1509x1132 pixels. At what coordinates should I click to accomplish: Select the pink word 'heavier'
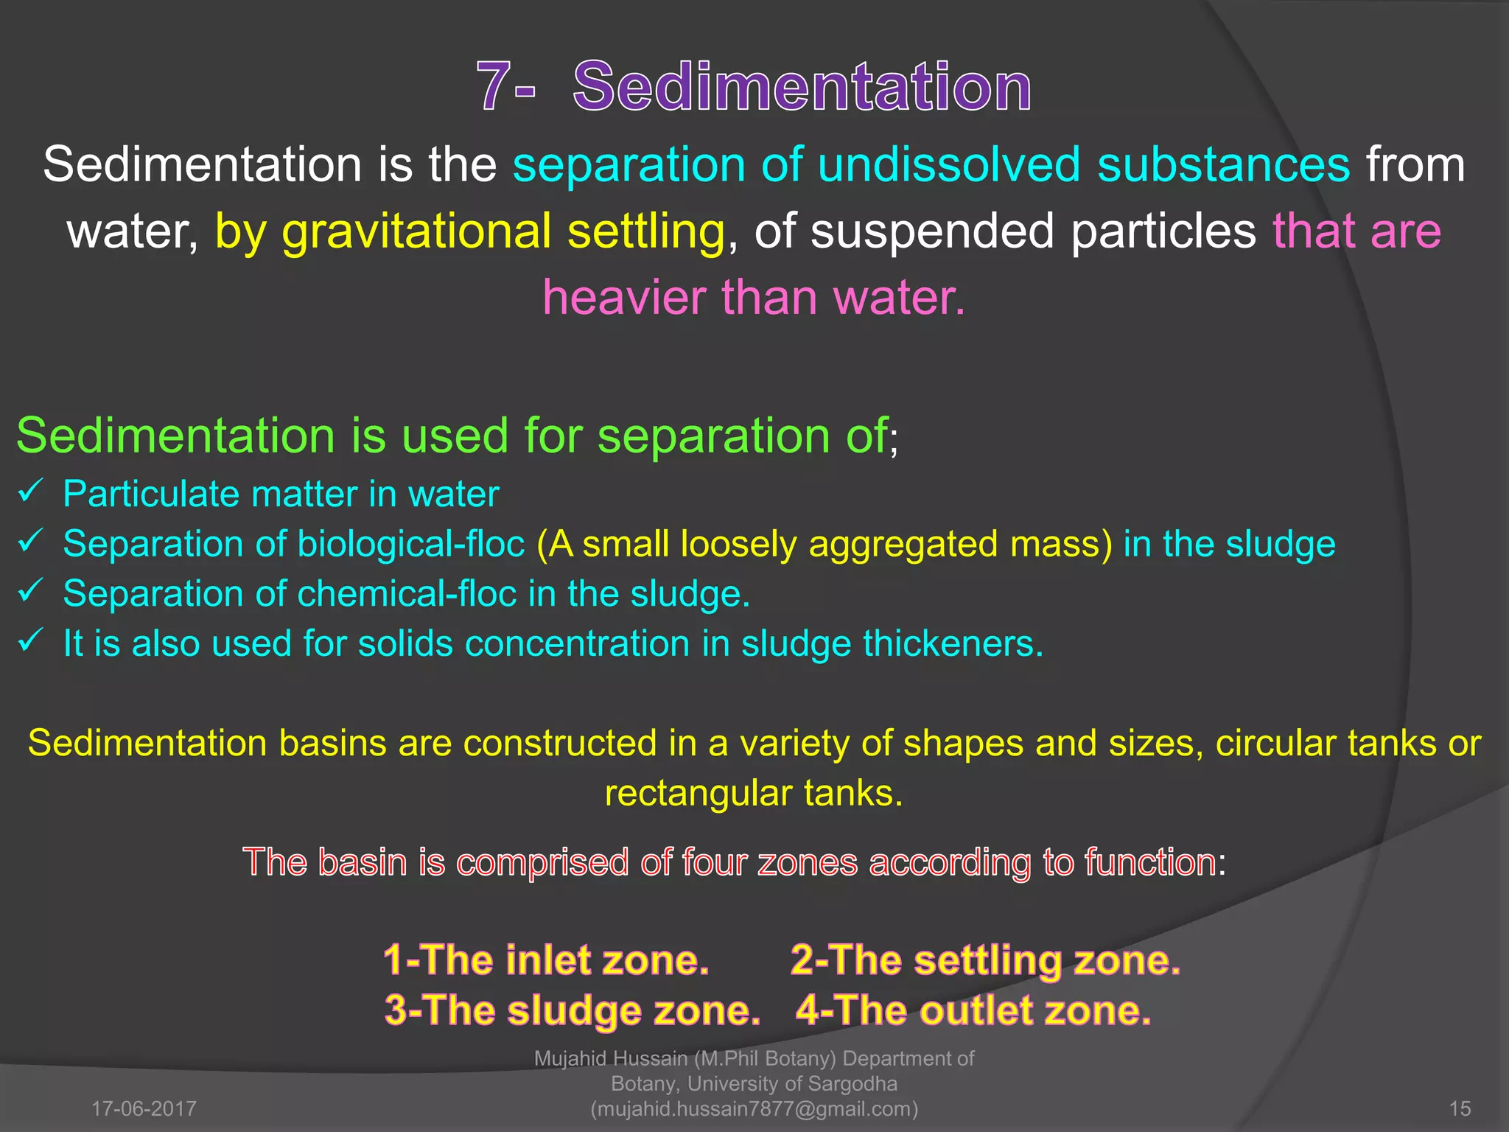coord(623,298)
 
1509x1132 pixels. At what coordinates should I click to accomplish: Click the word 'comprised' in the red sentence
coord(542,862)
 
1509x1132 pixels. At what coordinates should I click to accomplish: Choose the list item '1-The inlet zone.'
coord(546,960)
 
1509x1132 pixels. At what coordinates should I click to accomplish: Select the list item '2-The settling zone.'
coord(985,960)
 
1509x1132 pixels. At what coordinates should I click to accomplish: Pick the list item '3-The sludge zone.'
coord(572,1010)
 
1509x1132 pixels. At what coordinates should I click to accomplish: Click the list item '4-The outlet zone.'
coord(973,1010)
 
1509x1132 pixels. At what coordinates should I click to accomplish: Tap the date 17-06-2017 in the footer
coord(144,1108)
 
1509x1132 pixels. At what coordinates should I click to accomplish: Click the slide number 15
coord(1460,1108)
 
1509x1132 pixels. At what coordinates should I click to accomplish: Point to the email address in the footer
coord(754,1108)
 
